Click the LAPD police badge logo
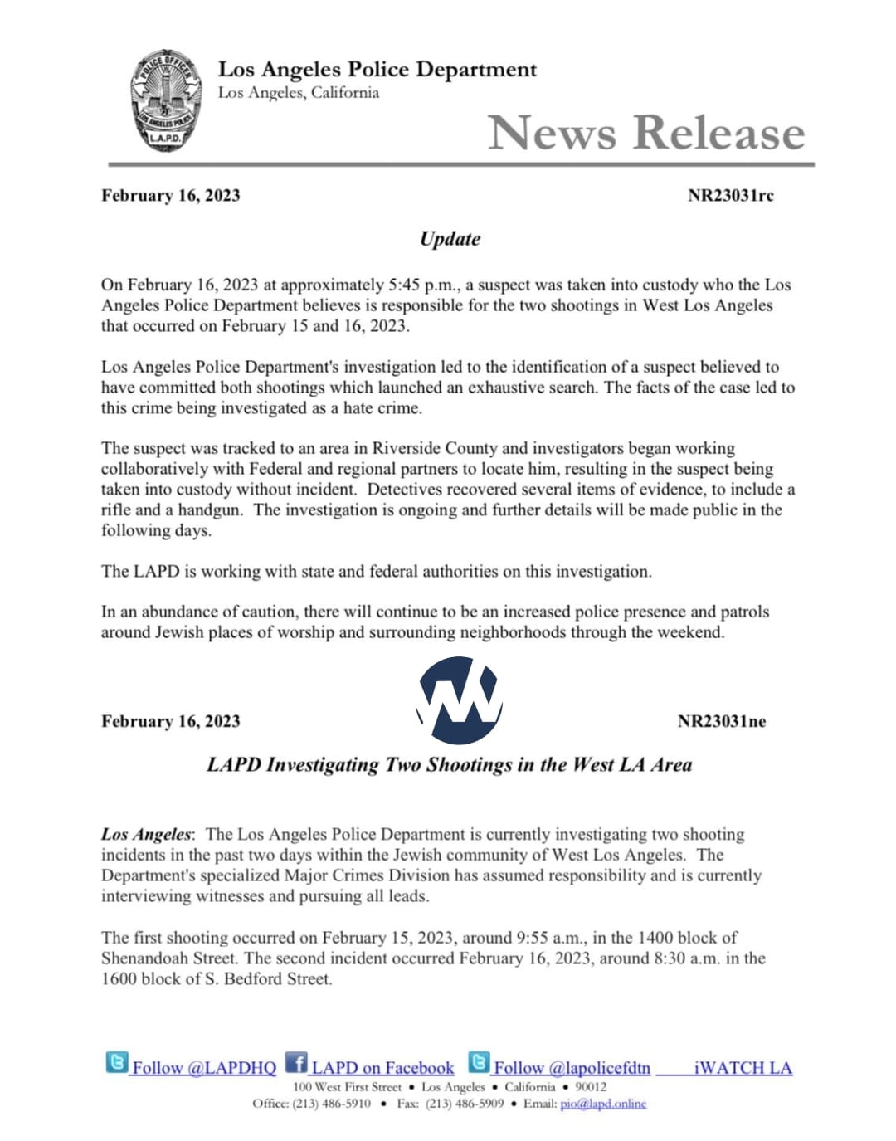click(x=165, y=100)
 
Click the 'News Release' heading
click(x=645, y=133)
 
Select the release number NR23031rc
click(x=730, y=196)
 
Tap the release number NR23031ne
click(x=721, y=721)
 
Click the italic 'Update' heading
click(x=450, y=239)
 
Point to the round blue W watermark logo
click(x=459, y=700)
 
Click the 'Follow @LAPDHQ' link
click(x=204, y=1068)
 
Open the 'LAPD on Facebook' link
click(x=382, y=1068)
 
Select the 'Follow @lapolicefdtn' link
click(x=572, y=1068)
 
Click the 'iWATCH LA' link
click(x=743, y=1068)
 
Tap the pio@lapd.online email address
click(x=603, y=1104)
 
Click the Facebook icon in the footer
click(x=295, y=1062)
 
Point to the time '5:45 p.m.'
click(x=422, y=285)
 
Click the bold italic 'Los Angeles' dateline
click(x=146, y=835)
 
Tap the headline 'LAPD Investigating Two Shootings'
click(x=449, y=765)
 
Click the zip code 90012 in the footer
click(x=591, y=1087)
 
